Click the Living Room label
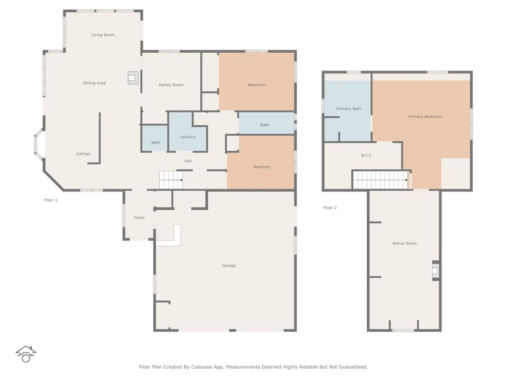point(103,35)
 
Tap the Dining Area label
point(94,83)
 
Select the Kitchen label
point(83,154)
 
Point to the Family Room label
point(171,84)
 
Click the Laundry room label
point(187,136)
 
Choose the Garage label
point(228,266)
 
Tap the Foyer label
point(139,217)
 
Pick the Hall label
point(189,161)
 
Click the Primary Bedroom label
point(425,116)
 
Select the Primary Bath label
point(348,108)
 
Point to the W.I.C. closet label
point(367,155)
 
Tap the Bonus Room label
point(404,243)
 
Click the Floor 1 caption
point(51,200)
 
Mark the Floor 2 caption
point(330,207)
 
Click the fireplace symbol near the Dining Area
point(133,78)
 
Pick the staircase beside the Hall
point(171,180)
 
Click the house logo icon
point(26,354)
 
